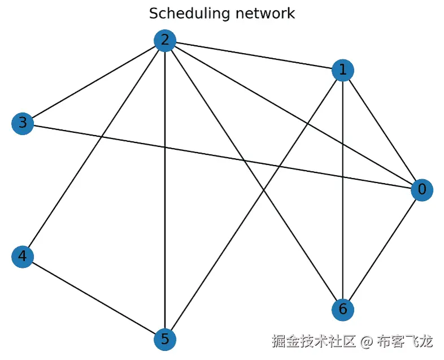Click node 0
pos(422,189)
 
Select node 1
pos(343,71)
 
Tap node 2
pos(165,40)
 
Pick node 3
pos(23,123)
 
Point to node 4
pos(23,257)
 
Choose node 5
pos(165,339)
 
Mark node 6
pos(343,309)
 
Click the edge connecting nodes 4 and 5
pos(94,298)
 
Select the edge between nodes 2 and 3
pos(94,81)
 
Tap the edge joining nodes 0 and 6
pos(382,249)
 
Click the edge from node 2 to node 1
pos(254,55)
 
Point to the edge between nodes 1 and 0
pos(382,130)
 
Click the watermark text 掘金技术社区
pos(314,341)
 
